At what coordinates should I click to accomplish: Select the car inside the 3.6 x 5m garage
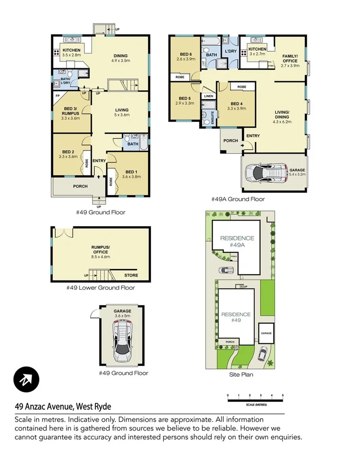click(122, 341)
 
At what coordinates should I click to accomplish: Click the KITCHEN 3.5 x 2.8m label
click(71, 52)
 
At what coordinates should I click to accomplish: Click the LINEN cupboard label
click(209, 96)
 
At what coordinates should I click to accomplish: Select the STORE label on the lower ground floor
click(131, 275)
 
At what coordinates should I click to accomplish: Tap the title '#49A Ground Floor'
click(238, 199)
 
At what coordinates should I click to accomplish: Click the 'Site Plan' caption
click(241, 374)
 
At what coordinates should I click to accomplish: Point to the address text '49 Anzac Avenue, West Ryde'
click(63, 407)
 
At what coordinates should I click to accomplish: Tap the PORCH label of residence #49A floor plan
click(231, 140)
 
